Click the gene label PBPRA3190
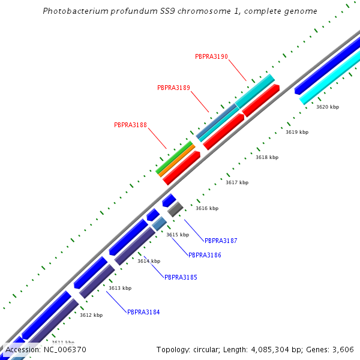[211, 56]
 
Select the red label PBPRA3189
[173, 88]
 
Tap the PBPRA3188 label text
[130, 125]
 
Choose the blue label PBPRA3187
[221, 241]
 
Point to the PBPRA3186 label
[205, 255]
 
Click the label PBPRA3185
[181, 277]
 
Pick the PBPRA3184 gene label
[143, 312]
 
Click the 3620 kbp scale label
[328, 107]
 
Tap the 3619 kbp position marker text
[297, 132]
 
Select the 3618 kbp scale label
[267, 157]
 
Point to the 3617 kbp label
[237, 182]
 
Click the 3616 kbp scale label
[207, 208]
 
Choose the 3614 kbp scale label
[149, 261]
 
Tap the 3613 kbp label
[119, 288]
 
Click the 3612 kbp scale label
[91, 315]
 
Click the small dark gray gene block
[175, 209]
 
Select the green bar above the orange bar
[174, 157]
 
